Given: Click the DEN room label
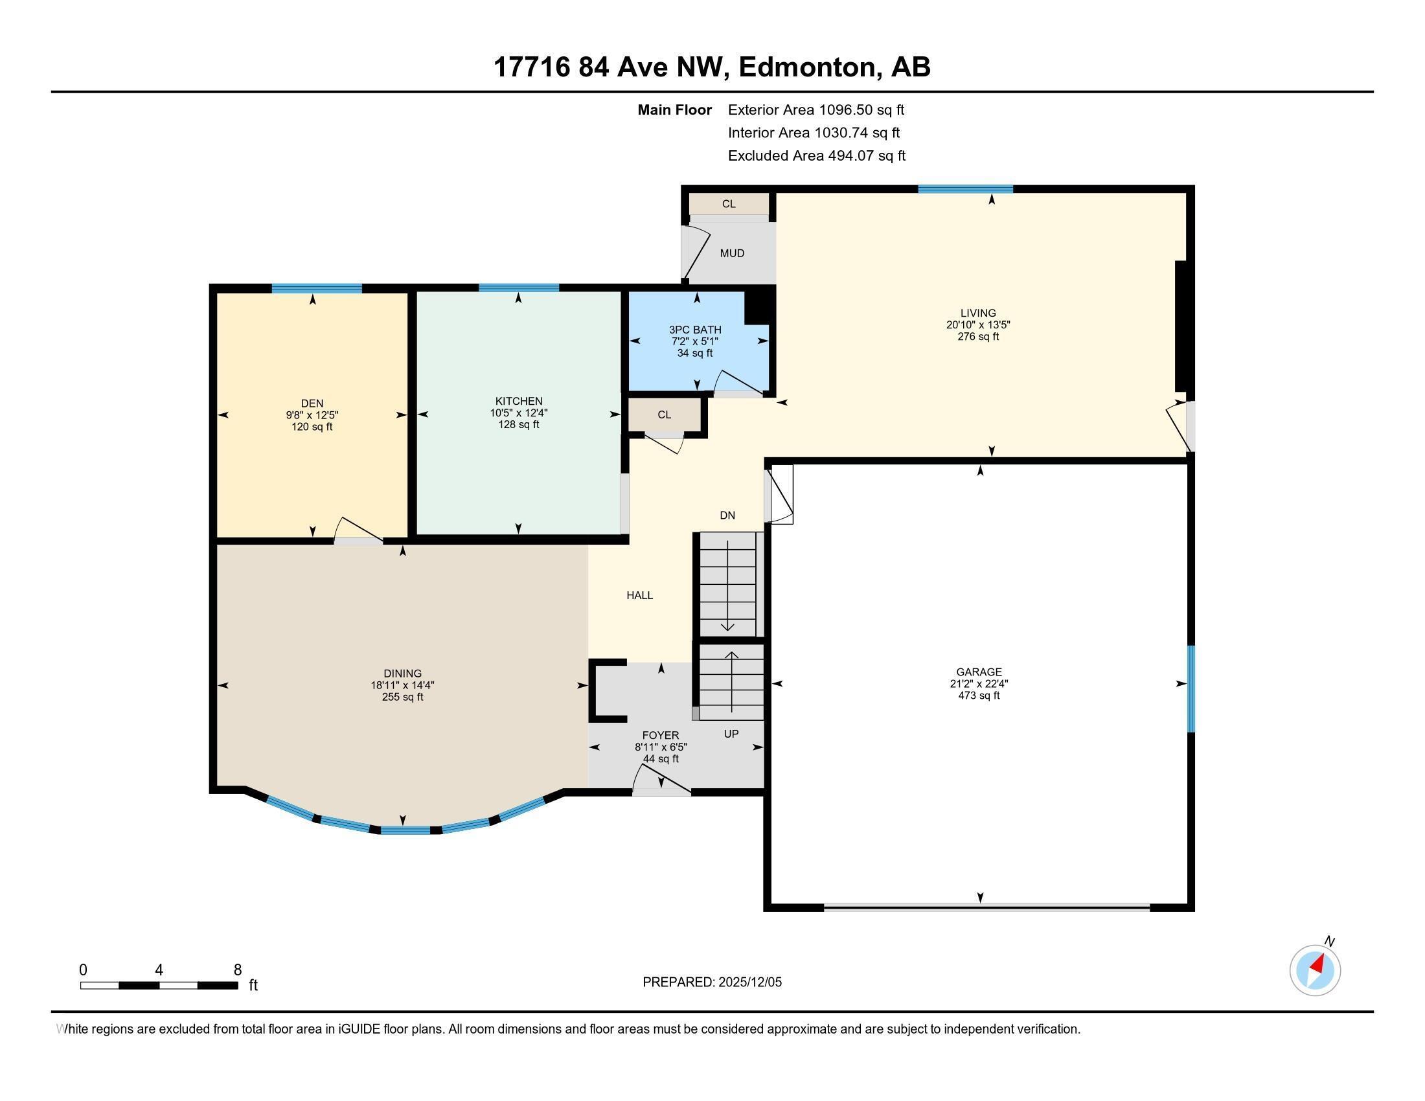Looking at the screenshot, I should (312, 403).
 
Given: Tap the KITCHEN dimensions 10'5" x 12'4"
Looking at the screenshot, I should (518, 413).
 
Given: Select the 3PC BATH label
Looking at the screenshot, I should (695, 330).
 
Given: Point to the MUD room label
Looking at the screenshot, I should (731, 253).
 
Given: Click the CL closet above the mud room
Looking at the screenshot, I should (728, 203).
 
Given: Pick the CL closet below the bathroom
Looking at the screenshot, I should (664, 415).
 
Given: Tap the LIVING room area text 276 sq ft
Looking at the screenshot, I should (977, 337).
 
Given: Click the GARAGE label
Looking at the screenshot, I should (978, 671).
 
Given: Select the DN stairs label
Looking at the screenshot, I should (727, 516).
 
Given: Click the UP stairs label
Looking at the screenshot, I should (731, 734).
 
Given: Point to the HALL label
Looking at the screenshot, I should (639, 595).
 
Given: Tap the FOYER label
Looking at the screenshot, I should (660, 735).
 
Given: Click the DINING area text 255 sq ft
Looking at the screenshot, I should (403, 697).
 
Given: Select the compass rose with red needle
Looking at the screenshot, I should (1315, 970).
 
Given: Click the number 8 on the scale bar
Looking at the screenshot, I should (238, 970).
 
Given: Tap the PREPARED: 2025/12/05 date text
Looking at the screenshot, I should (712, 982).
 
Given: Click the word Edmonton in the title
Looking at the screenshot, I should (807, 67).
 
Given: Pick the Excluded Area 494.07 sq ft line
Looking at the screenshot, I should (816, 156).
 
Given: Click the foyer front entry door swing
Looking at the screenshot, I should (660, 780).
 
